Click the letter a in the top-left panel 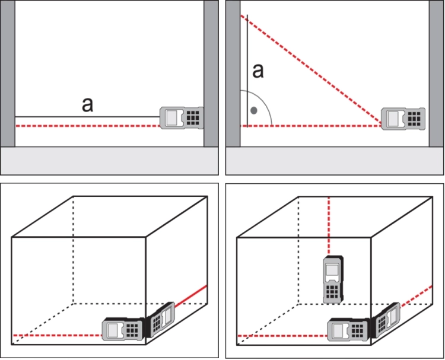87,104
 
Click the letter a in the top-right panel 258,71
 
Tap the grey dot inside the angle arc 254,111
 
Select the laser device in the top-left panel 182,118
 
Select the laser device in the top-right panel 403,119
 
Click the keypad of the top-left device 193,118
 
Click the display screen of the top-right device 393,119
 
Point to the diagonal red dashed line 311,69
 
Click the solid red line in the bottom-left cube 190,296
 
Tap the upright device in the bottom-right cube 333,279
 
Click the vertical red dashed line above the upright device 329,226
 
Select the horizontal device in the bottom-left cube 123,329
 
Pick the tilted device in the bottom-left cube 160,320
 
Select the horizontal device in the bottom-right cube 349,329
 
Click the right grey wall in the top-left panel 211,74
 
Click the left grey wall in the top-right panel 233,74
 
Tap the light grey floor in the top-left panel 110,161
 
